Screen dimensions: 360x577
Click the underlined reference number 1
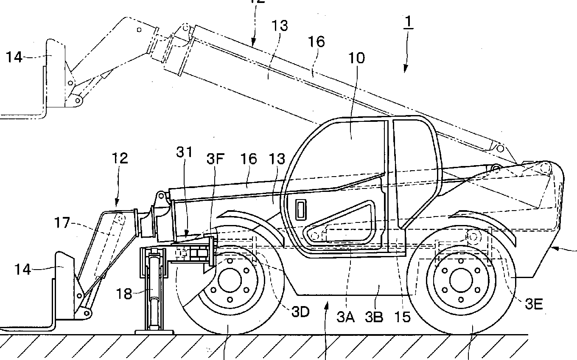pos(408,22)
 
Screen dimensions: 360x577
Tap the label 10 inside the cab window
pos(356,58)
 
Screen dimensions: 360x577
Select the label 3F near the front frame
pos(215,160)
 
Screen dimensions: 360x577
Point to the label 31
pos(185,152)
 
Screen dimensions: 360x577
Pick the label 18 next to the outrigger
pos(124,294)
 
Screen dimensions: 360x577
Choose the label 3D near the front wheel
pos(300,312)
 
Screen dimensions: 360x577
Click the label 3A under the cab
pos(346,316)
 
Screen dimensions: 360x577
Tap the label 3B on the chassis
pos(374,316)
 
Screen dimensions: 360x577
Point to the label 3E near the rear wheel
pos(534,304)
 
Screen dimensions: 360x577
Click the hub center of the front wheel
pos(230,281)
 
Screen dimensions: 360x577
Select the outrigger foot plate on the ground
pos(154,332)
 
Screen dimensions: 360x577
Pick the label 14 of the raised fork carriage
pos(14,56)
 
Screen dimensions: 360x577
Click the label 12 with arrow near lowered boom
pos(120,159)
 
